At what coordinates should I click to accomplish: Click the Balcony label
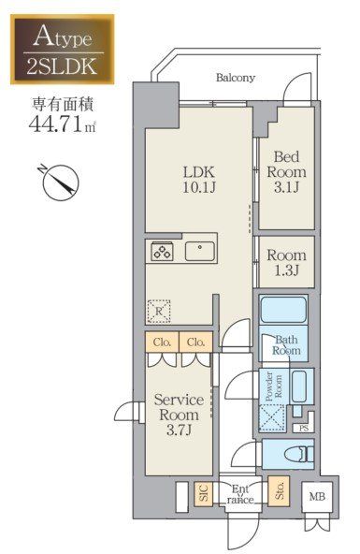236,78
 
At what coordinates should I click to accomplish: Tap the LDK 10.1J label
198,179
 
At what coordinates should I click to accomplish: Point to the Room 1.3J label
285,262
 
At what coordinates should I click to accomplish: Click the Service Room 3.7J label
179,415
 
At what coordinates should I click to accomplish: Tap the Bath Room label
287,345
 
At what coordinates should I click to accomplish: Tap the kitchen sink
199,251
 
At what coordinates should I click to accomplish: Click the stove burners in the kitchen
161,251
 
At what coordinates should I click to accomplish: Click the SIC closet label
203,493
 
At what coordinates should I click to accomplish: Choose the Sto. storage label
277,490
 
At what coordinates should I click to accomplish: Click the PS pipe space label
303,429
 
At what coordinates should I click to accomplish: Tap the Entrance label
240,493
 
